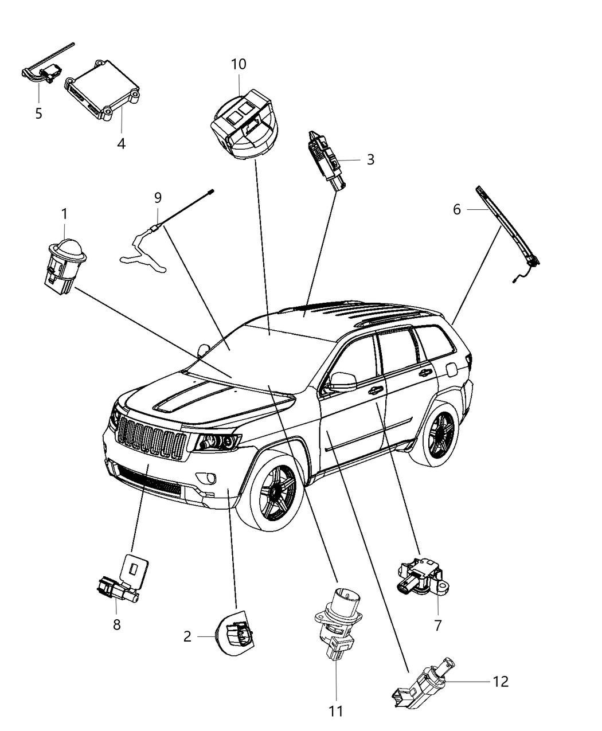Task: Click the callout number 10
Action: point(239,64)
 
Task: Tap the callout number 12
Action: point(500,681)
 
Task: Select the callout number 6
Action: point(456,210)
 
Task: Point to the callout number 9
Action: point(158,198)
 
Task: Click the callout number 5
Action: point(38,114)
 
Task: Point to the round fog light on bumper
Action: point(206,477)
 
